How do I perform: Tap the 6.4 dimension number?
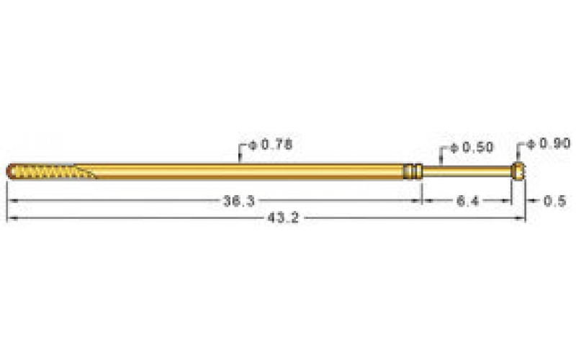(x=467, y=202)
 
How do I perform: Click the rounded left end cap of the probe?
(x=12, y=171)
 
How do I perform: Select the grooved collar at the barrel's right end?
(x=413, y=171)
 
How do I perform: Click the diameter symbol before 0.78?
(x=253, y=145)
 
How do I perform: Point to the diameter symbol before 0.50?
(x=454, y=148)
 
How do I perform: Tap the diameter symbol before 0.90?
(x=531, y=144)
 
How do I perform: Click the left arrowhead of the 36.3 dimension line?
(x=11, y=201)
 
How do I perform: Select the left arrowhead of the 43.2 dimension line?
(x=11, y=217)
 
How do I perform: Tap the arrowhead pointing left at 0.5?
(x=529, y=201)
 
